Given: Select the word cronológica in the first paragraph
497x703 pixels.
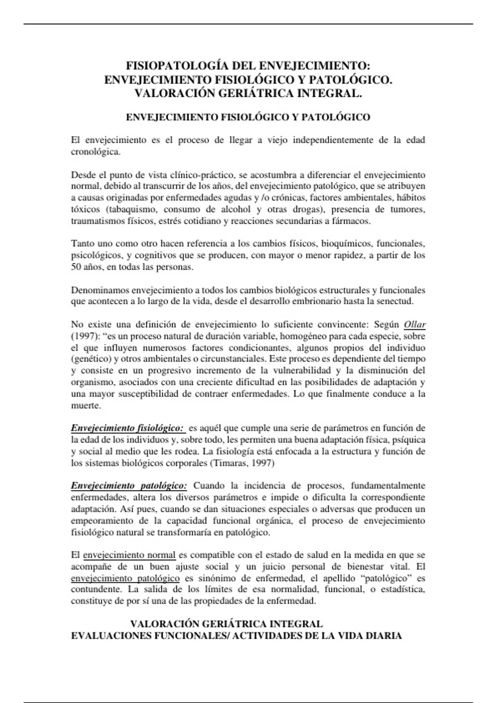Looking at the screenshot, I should (x=96, y=152).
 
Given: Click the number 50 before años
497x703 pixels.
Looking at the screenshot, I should (x=76, y=267).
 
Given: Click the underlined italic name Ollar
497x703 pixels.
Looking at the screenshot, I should (x=415, y=324).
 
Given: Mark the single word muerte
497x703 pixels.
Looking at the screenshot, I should (x=86, y=405).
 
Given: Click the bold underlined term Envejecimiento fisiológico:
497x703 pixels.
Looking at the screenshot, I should (x=128, y=428).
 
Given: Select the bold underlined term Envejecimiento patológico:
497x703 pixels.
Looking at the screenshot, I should (x=129, y=485).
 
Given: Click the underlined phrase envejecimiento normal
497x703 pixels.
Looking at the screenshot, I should (x=129, y=555).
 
